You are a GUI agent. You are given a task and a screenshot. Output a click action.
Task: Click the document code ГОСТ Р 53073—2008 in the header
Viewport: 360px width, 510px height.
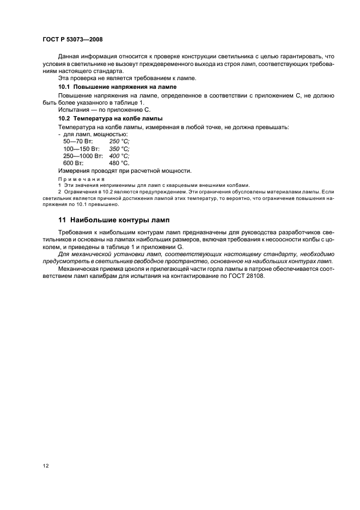72,40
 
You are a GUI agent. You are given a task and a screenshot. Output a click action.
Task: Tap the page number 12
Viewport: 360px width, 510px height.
46,466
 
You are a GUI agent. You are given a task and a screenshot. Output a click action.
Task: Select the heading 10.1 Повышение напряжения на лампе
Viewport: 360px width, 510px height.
117,87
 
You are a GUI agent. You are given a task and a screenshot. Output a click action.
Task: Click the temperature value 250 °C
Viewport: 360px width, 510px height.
119,141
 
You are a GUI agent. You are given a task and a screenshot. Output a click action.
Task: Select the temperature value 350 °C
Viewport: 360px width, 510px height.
119,148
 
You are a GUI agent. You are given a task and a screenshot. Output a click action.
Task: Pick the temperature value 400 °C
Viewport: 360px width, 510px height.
119,155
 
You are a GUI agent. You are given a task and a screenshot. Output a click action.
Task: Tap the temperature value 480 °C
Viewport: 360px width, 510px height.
119,163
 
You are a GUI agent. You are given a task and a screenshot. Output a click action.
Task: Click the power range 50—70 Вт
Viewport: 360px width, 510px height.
78,141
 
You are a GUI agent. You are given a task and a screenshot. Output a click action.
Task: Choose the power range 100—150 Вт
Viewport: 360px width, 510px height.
81,148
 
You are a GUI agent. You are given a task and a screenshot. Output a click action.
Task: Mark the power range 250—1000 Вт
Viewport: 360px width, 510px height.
83,155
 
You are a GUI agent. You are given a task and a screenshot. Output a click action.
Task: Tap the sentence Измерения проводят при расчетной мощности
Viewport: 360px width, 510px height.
125,171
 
